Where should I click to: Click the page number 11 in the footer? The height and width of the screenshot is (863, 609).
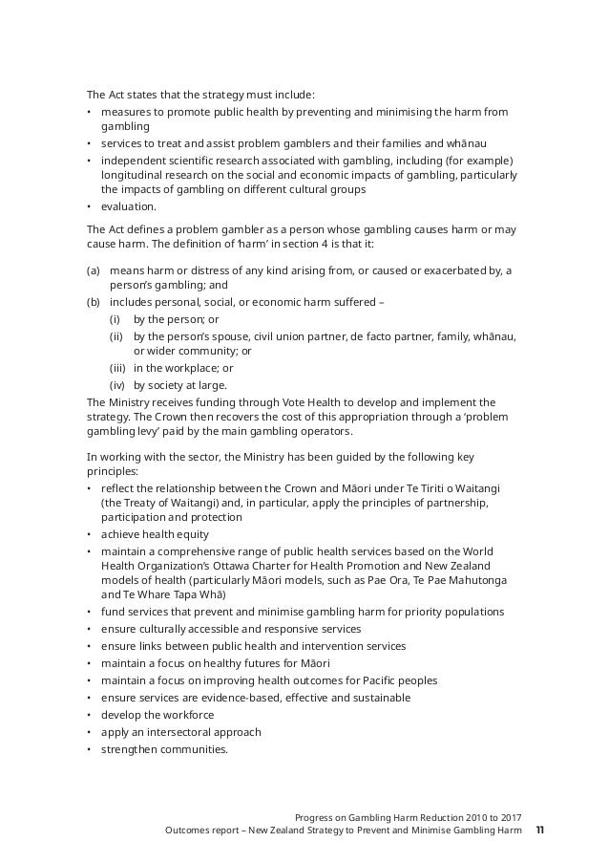pos(540,830)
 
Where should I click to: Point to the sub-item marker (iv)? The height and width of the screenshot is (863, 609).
pos(116,385)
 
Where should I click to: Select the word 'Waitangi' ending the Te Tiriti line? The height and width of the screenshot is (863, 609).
pos(490,488)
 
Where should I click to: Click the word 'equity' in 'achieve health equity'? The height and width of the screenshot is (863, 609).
pos(192,534)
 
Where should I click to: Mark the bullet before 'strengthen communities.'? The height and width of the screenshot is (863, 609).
pos(89,749)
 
